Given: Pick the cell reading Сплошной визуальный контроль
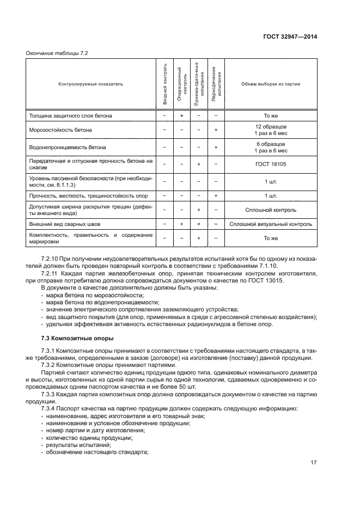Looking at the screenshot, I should (x=271, y=224).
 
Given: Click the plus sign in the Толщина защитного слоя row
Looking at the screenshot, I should (x=181, y=116).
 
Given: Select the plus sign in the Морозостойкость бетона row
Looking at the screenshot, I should (x=216, y=130).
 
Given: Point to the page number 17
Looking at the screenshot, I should (x=313, y=463).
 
